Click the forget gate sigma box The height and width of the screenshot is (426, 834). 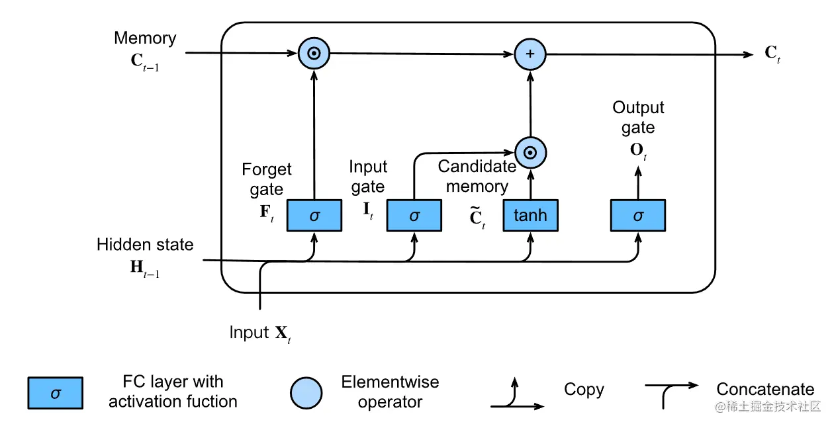(x=314, y=216)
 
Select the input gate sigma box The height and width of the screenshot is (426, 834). (x=414, y=216)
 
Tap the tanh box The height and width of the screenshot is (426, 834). (x=530, y=216)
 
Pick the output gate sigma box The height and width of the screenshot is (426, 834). (x=637, y=216)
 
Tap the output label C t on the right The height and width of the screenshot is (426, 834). (x=772, y=54)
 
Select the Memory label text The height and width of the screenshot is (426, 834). (x=145, y=38)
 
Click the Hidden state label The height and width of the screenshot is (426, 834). (x=145, y=245)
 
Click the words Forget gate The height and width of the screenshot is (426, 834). (x=266, y=180)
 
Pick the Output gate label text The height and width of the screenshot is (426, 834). (x=637, y=117)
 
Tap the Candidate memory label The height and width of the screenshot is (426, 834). (x=477, y=177)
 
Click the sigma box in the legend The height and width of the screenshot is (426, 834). (x=55, y=393)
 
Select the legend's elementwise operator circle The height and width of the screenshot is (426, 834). (x=306, y=393)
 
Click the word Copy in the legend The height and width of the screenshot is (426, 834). (x=584, y=390)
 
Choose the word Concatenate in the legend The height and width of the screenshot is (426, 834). (x=765, y=390)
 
